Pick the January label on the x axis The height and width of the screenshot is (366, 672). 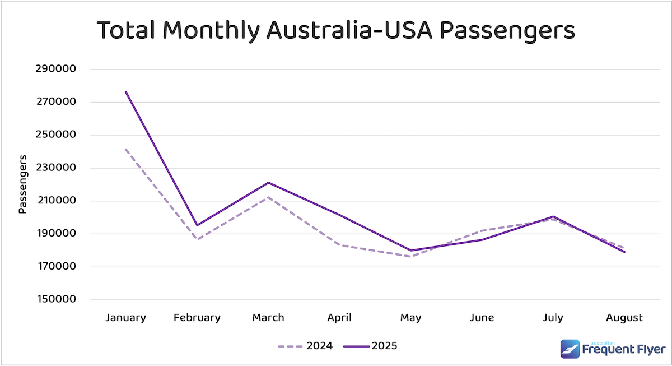click(125, 318)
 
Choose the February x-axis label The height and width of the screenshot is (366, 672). click(197, 318)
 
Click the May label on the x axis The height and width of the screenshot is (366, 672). click(410, 318)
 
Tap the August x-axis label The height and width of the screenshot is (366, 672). click(624, 318)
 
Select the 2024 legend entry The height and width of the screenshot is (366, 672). click(305, 346)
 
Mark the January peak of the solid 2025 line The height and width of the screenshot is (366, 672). click(126, 92)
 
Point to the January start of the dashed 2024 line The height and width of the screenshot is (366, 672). click(126, 149)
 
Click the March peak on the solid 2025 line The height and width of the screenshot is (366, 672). click(268, 182)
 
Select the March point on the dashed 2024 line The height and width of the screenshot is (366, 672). click(268, 197)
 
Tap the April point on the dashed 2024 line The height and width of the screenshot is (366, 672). click(339, 245)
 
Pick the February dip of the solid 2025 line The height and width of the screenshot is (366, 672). click(197, 225)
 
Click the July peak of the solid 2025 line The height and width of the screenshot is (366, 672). click(553, 216)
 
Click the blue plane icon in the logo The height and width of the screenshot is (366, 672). click(570, 349)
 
